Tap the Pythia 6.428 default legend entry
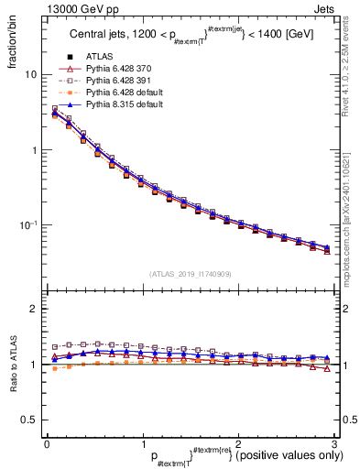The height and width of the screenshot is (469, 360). pos(122,93)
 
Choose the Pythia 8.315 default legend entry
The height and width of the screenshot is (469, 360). pos(122,104)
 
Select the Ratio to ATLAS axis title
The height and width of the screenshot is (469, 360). pos(13,364)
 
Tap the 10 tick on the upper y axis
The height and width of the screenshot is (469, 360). pos(31,74)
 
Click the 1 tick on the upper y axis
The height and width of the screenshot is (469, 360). pos(34,149)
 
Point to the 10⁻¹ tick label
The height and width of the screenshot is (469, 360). pos(28,224)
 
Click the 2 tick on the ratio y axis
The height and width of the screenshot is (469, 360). pos(34,309)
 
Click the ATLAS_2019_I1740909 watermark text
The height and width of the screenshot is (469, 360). pos(191,274)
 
